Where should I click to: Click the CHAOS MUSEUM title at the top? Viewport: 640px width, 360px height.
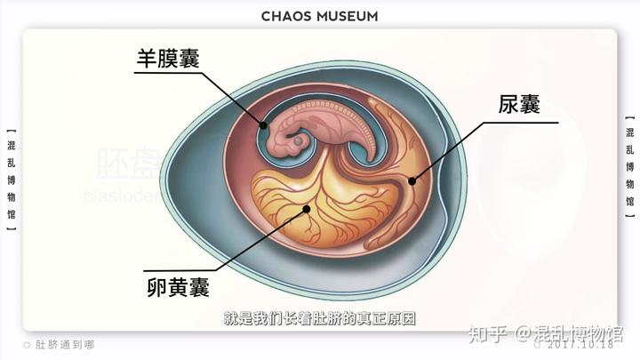click(320, 16)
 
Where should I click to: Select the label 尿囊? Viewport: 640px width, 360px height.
click(519, 105)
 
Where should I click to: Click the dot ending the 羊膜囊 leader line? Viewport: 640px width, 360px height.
click(263, 126)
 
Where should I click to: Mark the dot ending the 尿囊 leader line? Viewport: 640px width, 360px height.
click(412, 181)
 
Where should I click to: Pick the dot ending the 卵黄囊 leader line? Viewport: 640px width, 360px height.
click(307, 210)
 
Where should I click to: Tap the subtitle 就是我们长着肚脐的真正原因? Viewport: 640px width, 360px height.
click(320, 318)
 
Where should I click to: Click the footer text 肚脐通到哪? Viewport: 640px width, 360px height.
click(64, 345)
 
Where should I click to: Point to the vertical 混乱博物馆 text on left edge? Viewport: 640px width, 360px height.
click(10, 175)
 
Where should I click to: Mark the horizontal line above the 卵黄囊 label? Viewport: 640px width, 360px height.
click(178, 269)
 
